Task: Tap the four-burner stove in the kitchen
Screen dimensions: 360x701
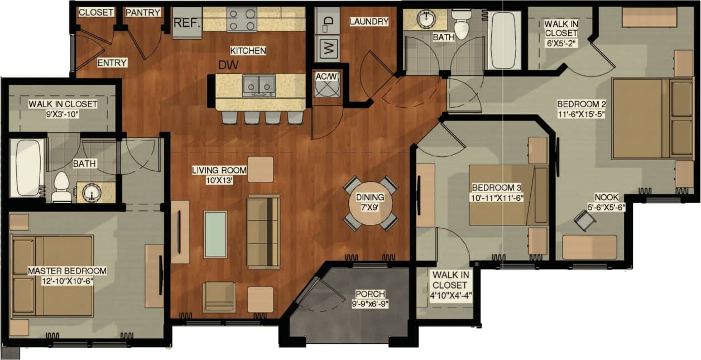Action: [242, 20]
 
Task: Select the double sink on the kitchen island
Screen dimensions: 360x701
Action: [260, 86]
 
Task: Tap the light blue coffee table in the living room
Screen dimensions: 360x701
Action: [215, 234]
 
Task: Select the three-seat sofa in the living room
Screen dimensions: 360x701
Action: [263, 232]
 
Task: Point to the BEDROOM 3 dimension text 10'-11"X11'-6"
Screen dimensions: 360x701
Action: [497, 198]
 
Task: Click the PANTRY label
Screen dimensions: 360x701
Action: [143, 12]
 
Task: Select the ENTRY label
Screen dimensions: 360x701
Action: [112, 63]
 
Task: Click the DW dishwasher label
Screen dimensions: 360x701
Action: [228, 65]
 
